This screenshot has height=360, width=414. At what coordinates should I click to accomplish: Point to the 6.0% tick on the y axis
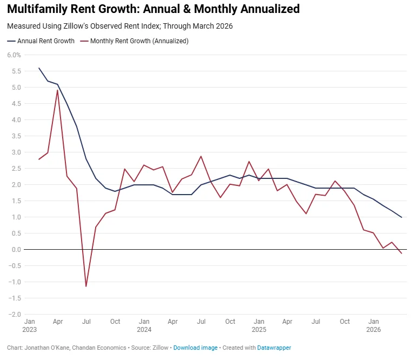point(14,55)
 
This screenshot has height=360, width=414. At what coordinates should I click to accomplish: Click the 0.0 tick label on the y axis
point(16,250)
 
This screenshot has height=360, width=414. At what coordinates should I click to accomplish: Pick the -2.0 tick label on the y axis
point(15,315)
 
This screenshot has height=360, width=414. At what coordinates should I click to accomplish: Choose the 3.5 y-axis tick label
point(16,136)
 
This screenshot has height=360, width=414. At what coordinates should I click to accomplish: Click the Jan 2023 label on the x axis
point(29,325)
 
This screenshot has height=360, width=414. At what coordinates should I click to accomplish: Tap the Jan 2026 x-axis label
point(373,325)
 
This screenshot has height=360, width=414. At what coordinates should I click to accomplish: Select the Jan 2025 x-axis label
point(258,325)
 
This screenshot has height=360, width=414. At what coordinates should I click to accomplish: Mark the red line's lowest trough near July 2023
point(86,286)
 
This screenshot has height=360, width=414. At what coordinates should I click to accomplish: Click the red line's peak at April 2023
point(57,90)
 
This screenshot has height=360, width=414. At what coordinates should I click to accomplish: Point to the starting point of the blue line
point(39,68)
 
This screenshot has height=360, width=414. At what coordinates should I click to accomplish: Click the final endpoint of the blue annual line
point(402,217)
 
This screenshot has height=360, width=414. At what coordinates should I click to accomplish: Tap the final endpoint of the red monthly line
point(402,254)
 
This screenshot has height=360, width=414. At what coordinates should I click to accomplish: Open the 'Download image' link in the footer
point(195,348)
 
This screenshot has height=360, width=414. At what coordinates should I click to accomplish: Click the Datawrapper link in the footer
point(273,348)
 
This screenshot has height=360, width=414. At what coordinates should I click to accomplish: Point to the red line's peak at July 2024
point(201,156)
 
